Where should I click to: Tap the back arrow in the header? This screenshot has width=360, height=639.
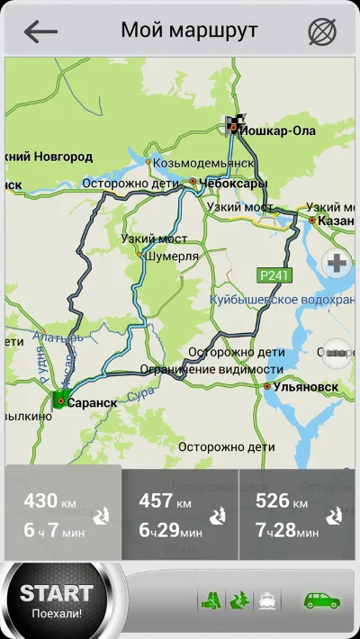point(40,31)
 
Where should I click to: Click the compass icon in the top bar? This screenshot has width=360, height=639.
point(321,31)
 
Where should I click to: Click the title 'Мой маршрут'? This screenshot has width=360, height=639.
point(189,31)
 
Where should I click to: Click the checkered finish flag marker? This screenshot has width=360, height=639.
point(232,125)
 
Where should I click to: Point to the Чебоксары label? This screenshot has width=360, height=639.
point(234,183)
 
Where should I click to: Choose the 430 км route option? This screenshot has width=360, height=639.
point(61,514)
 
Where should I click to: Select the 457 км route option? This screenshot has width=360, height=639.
point(180,514)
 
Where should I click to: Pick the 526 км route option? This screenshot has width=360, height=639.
point(297,514)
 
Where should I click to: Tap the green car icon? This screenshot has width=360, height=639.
point(321,598)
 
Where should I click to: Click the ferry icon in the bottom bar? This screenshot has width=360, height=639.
point(267,599)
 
